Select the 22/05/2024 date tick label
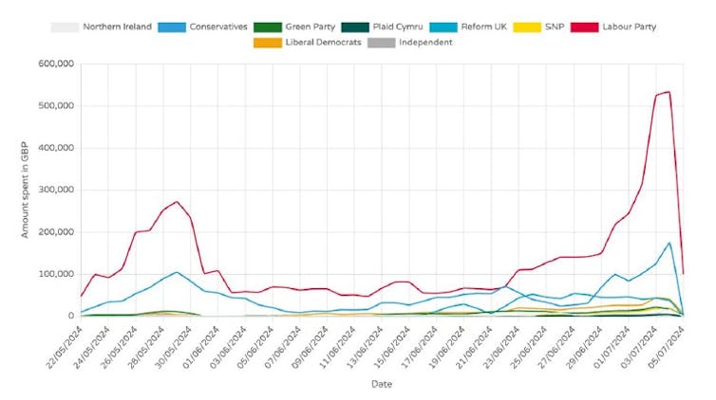point(64,347)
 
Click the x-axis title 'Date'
point(381,384)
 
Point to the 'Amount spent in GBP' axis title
point(26,190)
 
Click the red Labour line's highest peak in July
point(669,92)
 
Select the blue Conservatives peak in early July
point(669,243)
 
